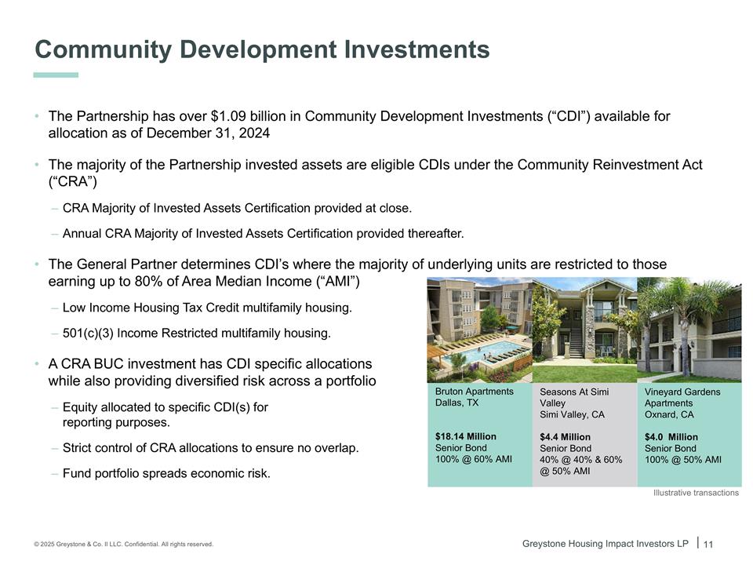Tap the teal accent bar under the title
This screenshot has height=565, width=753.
coord(56,75)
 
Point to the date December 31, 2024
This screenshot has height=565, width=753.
coord(208,133)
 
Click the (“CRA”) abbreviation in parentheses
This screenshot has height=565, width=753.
coord(72,181)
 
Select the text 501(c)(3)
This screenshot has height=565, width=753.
coord(88,333)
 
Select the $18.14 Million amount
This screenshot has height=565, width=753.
coord(465,436)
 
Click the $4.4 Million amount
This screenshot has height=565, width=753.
coord(565,437)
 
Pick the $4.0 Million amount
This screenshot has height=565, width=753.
coord(671,437)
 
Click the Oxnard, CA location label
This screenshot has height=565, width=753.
coord(669,414)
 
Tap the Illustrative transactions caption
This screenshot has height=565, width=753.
coord(696,493)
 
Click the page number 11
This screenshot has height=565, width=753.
coord(708,545)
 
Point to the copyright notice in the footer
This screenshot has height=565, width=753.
coord(123,544)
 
